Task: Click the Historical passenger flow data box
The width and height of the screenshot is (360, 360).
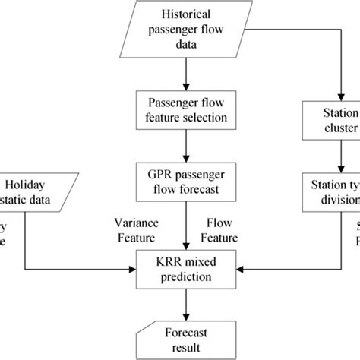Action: [x=184, y=28]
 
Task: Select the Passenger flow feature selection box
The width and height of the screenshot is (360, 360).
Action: [x=184, y=109]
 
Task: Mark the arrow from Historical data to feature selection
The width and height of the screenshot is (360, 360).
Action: [x=184, y=73]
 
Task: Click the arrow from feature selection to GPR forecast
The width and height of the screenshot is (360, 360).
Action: [x=184, y=146]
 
